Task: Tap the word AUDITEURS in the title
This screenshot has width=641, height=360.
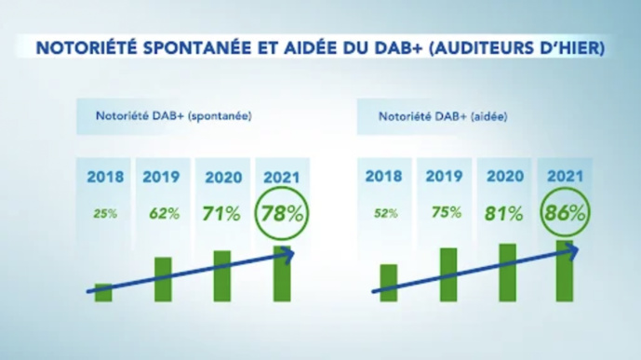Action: [492, 47]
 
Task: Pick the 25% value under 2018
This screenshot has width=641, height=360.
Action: [104, 213]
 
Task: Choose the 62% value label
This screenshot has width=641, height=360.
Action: [163, 212]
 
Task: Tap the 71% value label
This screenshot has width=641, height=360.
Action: [221, 212]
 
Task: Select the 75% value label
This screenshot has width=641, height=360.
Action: [445, 212]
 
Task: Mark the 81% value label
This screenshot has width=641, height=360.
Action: [504, 212]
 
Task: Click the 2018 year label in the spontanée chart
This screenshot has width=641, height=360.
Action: [104, 177]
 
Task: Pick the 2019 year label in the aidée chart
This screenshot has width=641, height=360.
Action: [445, 177]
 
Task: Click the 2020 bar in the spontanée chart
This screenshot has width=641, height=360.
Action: [222, 276]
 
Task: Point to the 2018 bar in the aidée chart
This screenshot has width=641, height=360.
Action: [388, 284]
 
